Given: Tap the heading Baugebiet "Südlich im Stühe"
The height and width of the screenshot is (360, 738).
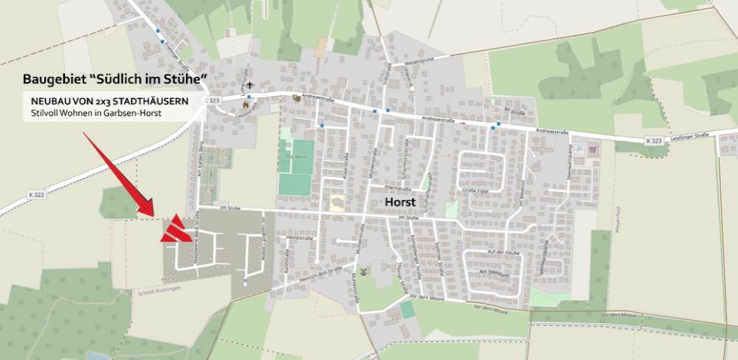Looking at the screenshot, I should (x=114, y=78).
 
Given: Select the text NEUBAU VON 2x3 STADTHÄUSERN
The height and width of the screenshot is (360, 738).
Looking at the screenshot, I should (x=109, y=100).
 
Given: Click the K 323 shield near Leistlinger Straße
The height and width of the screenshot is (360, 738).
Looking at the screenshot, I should (x=652, y=140).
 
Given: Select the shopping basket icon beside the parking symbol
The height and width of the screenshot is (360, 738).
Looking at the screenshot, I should (x=594, y=148).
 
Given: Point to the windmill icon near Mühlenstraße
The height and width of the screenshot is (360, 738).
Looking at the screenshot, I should (x=372, y=280).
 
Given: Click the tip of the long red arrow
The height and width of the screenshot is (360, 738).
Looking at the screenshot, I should (x=153, y=215).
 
